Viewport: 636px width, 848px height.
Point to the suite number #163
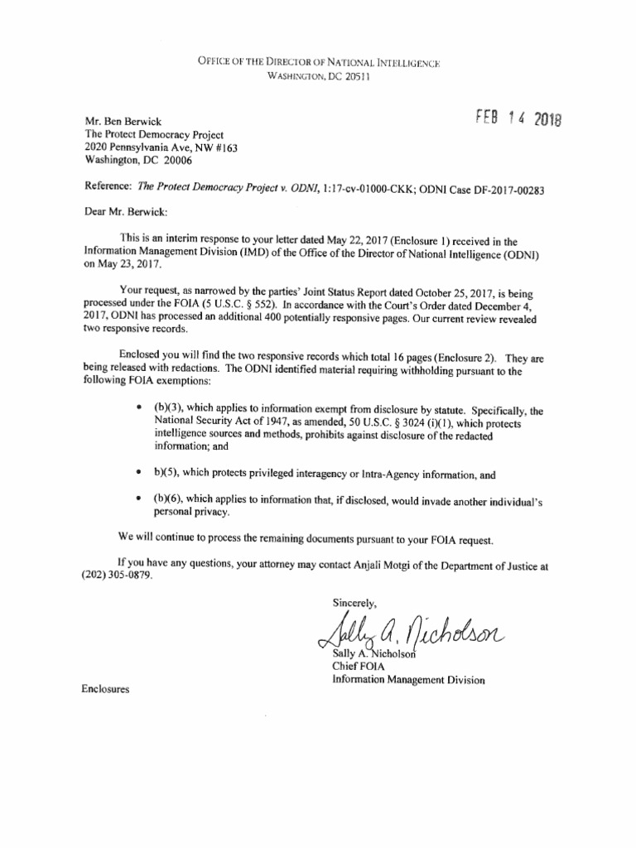pos(226,147)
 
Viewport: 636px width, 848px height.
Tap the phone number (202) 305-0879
pos(118,577)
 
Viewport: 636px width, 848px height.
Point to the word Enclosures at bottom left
pos(106,689)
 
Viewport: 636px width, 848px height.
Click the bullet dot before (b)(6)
pos(137,500)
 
